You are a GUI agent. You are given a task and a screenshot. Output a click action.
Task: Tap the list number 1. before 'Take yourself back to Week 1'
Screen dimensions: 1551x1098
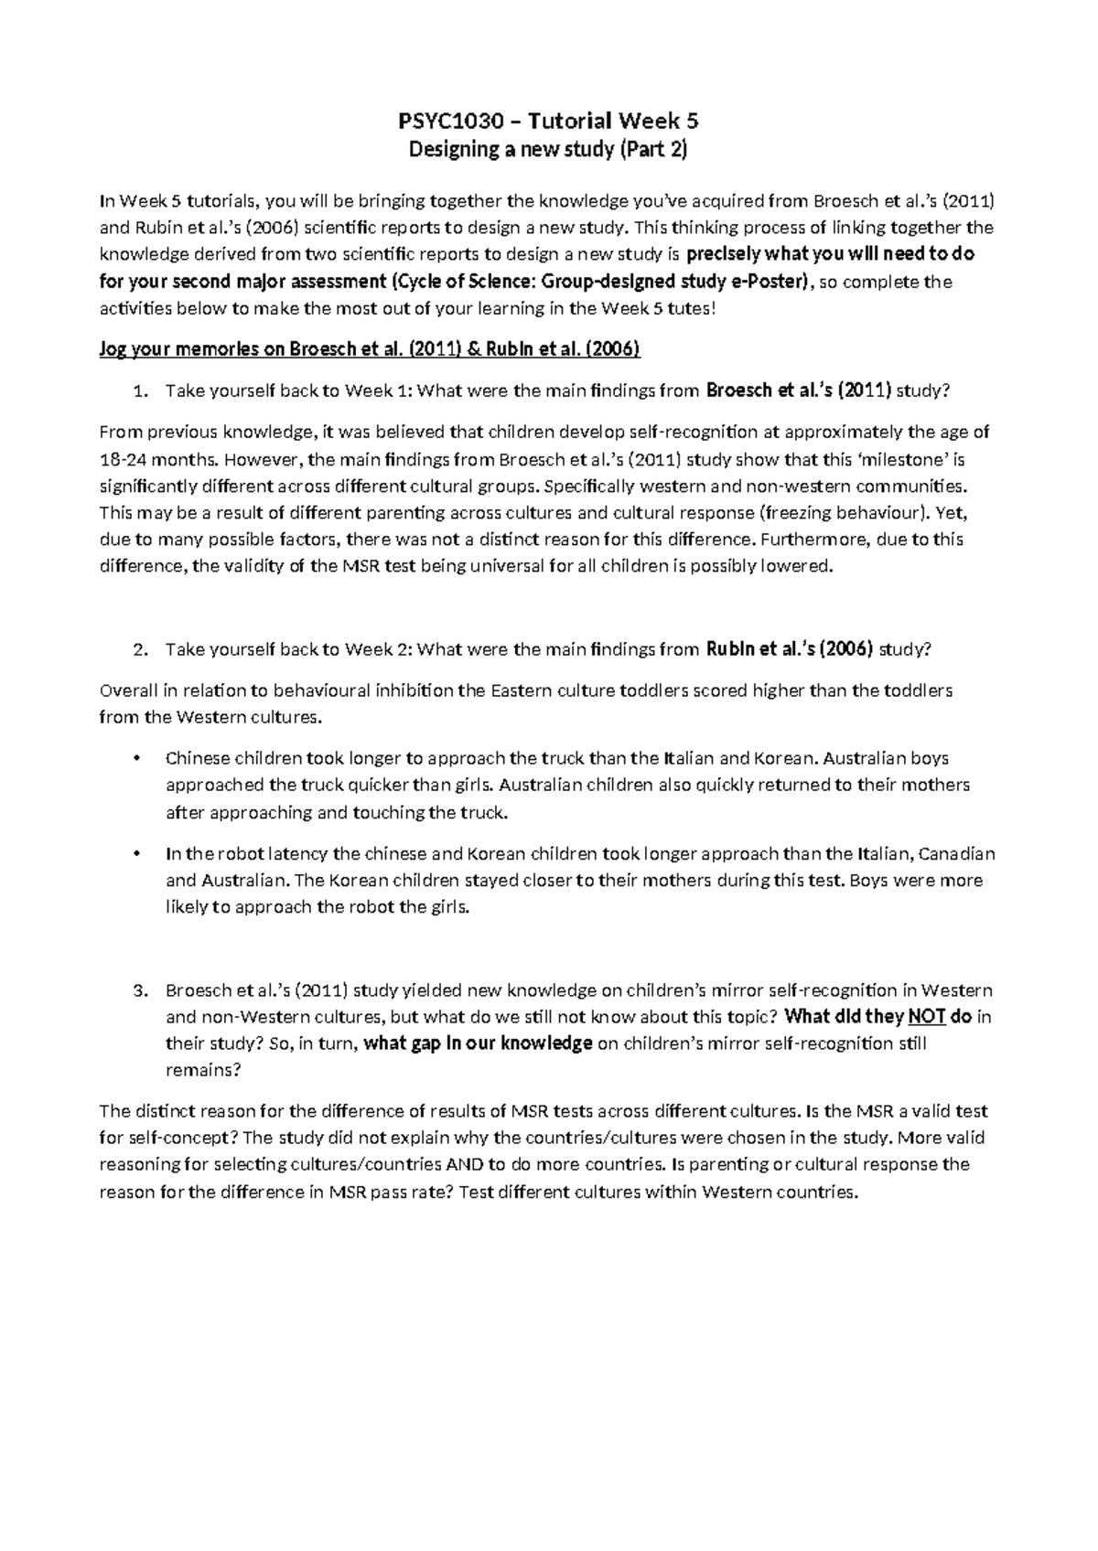[x=140, y=391]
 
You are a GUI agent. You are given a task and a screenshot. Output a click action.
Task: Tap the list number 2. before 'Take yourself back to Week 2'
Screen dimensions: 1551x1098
[x=140, y=650]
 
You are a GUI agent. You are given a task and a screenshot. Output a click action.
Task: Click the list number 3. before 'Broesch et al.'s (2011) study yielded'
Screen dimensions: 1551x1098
[x=140, y=990]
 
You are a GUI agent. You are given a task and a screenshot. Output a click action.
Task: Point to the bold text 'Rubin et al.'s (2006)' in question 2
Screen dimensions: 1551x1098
[x=791, y=649]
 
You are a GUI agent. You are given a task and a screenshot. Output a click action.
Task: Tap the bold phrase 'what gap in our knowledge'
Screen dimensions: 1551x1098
[x=479, y=1043]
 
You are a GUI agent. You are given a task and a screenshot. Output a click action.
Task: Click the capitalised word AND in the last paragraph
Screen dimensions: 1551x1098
[x=464, y=1165]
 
